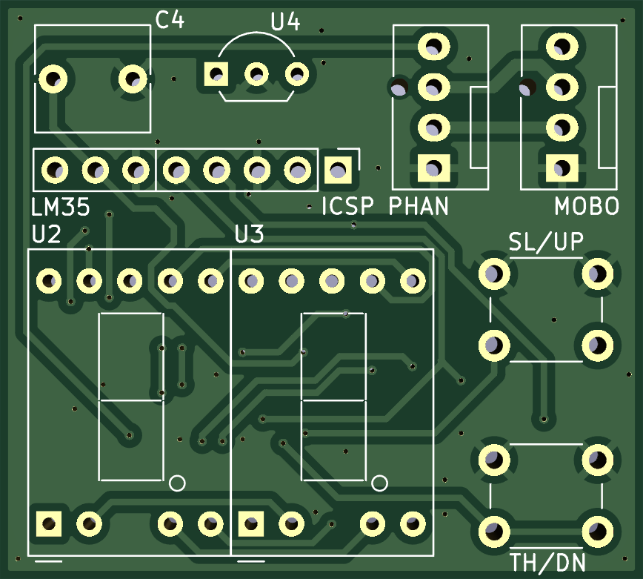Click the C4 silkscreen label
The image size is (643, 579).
point(170,20)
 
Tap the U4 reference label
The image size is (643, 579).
point(285,21)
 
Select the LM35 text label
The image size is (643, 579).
point(60,207)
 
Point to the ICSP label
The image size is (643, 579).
point(347,206)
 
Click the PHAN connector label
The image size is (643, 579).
point(419,206)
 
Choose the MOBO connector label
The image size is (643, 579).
point(587,206)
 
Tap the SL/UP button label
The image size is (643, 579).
point(546,242)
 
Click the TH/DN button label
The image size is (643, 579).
point(548,563)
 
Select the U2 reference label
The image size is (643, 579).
point(47,235)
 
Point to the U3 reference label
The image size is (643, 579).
point(249,235)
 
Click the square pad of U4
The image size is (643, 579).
point(216,74)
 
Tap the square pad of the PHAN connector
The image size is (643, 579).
point(434,168)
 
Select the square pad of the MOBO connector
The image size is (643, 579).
point(562,168)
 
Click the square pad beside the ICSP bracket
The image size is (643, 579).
point(338,170)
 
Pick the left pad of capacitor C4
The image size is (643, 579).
point(53,79)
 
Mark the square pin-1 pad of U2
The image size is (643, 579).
point(49,524)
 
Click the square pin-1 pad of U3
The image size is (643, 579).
point(251,524)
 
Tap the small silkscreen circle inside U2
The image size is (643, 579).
point(177,483)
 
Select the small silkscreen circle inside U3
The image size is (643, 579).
point(379,483)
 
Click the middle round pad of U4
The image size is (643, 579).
point(257,74)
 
